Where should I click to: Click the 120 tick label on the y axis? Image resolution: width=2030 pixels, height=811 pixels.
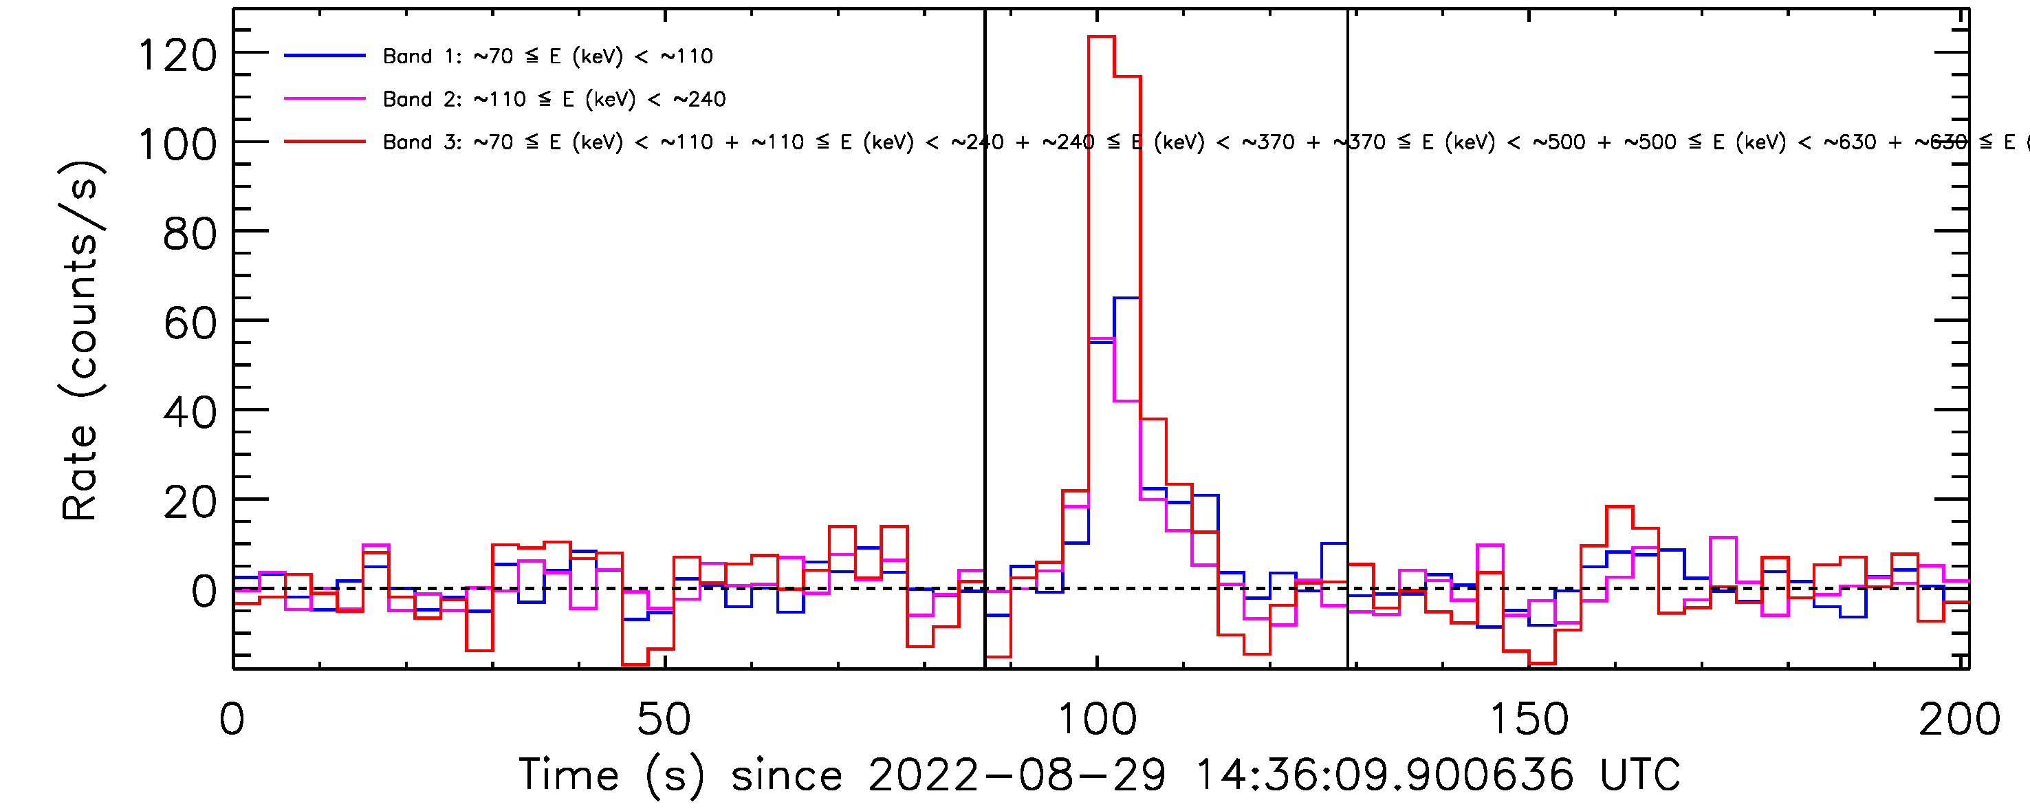(177, 56)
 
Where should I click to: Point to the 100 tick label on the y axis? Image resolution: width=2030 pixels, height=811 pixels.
(177, 145)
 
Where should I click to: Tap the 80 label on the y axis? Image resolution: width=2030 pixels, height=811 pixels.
(189, 234)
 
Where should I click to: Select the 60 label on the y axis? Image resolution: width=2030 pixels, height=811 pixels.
(189, 324)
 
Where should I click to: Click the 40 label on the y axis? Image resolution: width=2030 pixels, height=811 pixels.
(189, 413)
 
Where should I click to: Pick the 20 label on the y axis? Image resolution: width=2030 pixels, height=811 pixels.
(189, 502)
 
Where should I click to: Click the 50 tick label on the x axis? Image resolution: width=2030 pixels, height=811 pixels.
(664, 719)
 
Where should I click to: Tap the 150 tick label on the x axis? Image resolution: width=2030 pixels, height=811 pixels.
(1529, 719)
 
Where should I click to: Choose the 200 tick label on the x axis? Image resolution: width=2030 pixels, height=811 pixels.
(1959, 719)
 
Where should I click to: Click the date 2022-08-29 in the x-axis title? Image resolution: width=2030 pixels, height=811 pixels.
(1016, 775)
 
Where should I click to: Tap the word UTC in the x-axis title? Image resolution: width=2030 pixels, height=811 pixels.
(1640, 775)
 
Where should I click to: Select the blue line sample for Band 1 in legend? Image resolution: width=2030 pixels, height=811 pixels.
(325, 56)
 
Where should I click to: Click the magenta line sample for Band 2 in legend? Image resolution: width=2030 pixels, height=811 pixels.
(325, 99)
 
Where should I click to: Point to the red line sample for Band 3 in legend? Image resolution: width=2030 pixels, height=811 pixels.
(325, 142)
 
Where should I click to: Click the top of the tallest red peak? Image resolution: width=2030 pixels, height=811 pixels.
(1101, 36)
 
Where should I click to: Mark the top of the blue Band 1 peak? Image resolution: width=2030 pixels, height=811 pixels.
(1127, 298)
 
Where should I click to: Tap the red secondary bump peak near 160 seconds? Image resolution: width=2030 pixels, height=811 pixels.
(1619, 507)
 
